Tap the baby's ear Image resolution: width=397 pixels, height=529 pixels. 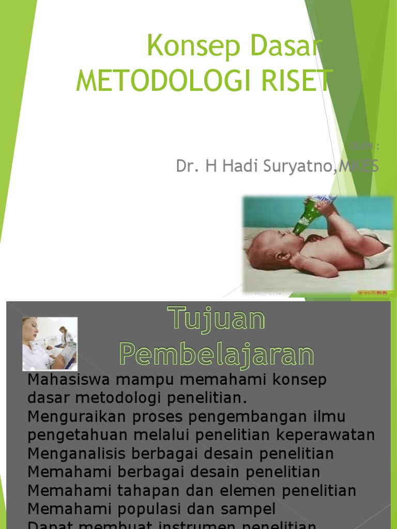283,256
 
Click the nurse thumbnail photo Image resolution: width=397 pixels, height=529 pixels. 50,344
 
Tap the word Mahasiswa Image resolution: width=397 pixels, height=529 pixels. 70,380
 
